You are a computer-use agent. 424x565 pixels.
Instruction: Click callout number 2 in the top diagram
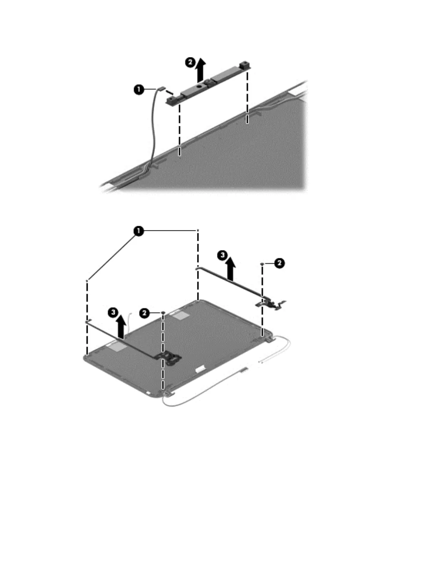[x=190, y=62]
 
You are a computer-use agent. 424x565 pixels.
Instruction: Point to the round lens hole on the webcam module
[x=198, y=87]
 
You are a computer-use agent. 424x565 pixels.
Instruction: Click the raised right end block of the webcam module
[x=245, y=65]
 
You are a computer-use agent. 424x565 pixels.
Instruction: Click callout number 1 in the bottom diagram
[x=138, y=231]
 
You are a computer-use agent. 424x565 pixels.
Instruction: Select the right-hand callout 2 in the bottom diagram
[x=279, y=264]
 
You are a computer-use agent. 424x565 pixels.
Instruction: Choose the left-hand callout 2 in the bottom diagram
[x=144, y=313]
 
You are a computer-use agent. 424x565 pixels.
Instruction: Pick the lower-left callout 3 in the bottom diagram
[x=113, y=312]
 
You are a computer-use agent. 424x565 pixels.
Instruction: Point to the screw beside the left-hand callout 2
[x=163, y=313]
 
